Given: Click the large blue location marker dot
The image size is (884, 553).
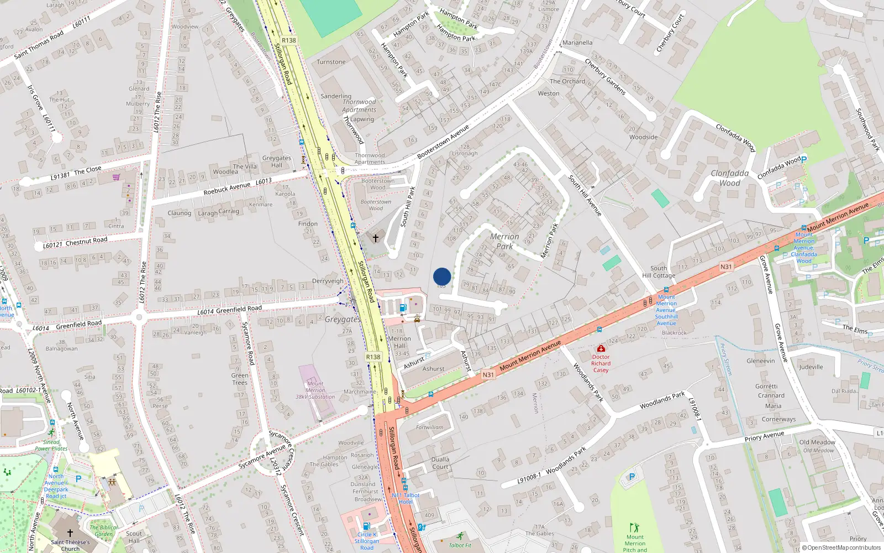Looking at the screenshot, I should (x=442, y=276).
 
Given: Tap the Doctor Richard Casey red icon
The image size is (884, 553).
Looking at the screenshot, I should (x=601, y=348).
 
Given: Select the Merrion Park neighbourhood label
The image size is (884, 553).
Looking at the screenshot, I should (x=504, y=241).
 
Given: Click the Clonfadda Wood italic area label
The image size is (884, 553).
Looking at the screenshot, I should (x=729, y=178).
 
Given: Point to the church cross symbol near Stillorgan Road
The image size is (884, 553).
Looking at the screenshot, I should (x=376, y=238).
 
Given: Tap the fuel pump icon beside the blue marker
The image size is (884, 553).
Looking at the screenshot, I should (x=403, y=307).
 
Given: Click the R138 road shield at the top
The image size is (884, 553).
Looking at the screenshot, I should (x=288, y=40).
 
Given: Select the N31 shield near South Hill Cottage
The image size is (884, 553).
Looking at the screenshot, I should (x=726, y=267).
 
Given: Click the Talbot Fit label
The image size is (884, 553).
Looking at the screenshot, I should (x=460, y=545).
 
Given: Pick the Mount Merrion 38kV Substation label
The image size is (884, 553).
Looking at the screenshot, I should (x=315, y=390).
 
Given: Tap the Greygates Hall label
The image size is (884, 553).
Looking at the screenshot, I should (x=276, y=161).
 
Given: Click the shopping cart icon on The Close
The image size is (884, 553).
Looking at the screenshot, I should (x=116, y=178).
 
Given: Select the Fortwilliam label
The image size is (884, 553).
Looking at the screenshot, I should (x=430, y=427).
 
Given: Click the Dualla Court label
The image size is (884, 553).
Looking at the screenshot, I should (x=440, y=463).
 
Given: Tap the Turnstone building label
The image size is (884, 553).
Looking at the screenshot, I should (x=331, y=62).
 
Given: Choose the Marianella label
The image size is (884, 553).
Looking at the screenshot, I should (x=577, y=43).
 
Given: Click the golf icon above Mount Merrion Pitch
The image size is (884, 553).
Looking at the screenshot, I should (x=634, y=528).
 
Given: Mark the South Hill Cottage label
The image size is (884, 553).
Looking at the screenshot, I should (x=659, y=272).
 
